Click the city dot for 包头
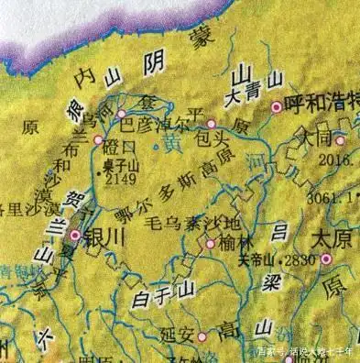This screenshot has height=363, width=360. click(211, 124)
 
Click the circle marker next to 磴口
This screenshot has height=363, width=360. click(99, 140)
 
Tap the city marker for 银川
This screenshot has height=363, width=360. click(75, 236)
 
